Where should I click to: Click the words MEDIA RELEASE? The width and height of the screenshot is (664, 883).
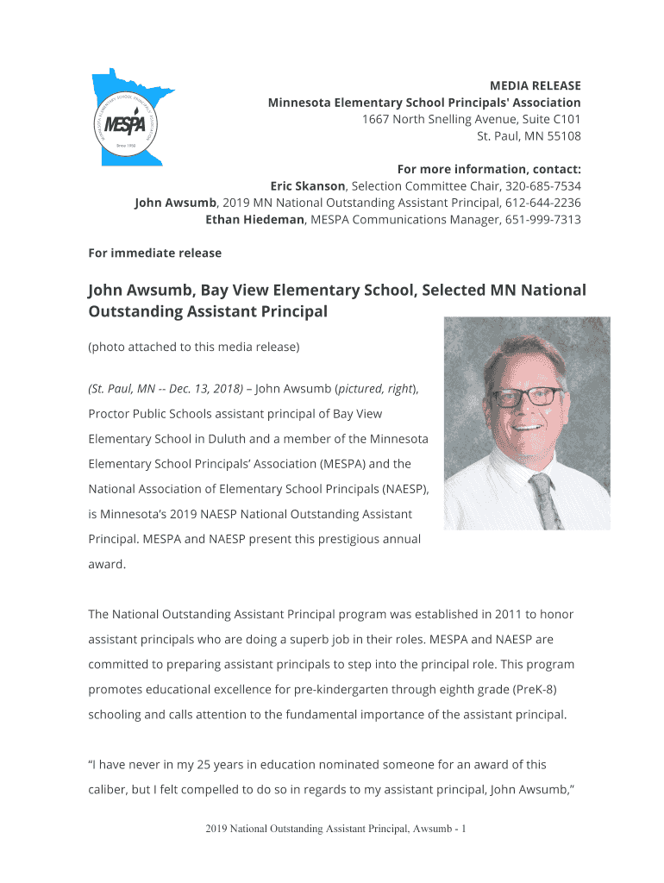[x=535, y=85]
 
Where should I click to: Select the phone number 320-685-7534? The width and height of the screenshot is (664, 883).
[x=542, y=185]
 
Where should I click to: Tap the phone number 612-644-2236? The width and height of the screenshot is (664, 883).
[x=542, y=203]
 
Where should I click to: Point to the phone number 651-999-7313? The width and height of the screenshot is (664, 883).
[x=542, y=220]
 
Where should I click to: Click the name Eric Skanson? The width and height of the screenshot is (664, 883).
[x=308, y=185]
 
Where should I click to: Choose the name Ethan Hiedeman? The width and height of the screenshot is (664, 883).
[x=254, y=220]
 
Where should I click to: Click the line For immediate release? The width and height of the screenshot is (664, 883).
[x=155, y=254]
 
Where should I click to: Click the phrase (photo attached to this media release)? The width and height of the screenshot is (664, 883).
[x=194, y=348]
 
